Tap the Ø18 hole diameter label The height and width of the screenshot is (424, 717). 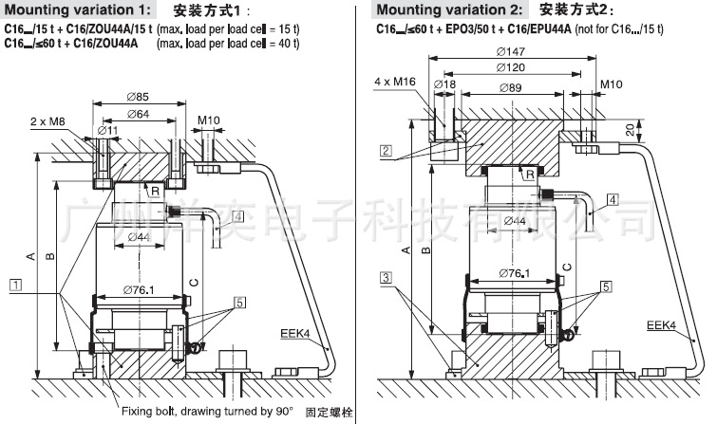click(445, 86)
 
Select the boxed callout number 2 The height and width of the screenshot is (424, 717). click(386, 150)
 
